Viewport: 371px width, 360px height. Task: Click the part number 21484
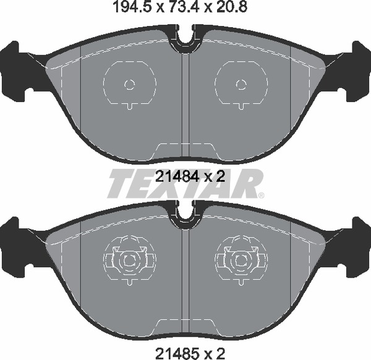point(176,176)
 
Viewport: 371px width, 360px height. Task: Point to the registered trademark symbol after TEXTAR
point(261,195)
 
